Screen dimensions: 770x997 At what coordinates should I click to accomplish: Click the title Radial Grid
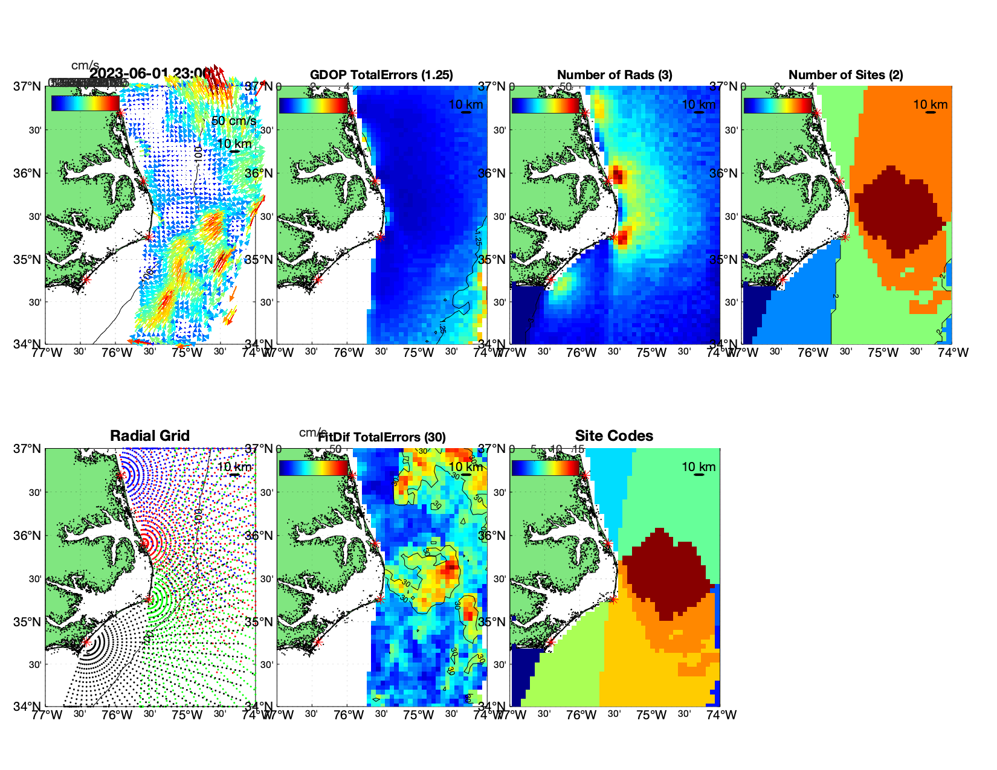(x=150, y=436)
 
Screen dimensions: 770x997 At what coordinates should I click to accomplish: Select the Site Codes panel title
(x=614, y=436)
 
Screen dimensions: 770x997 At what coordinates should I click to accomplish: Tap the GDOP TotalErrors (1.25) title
(x=381, y=75)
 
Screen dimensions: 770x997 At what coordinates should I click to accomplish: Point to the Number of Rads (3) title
(x=615, y=75)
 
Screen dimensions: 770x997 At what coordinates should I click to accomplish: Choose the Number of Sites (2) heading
(x=845, y=75)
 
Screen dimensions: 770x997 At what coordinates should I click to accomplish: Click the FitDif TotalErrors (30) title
(x=382, y=437)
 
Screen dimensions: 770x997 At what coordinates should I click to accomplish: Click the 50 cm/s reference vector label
(x=233, y=121)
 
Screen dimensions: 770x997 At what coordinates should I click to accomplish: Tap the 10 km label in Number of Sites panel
(x=930, y=104)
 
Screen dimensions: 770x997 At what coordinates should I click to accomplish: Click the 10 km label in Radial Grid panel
(x=234, y=467)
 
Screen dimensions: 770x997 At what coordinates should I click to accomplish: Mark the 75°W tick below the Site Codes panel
(x=651, y=715)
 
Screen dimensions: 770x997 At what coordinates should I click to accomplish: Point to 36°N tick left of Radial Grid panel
(x=27, y=536)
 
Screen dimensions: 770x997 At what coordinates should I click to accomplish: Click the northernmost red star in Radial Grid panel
(x=120, y=475)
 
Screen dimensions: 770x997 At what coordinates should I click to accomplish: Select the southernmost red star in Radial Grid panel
(x=86, y=643)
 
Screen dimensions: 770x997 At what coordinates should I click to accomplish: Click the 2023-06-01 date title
(x=150, y=74)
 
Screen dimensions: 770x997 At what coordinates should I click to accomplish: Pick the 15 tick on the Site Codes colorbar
(x=578, y=449)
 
